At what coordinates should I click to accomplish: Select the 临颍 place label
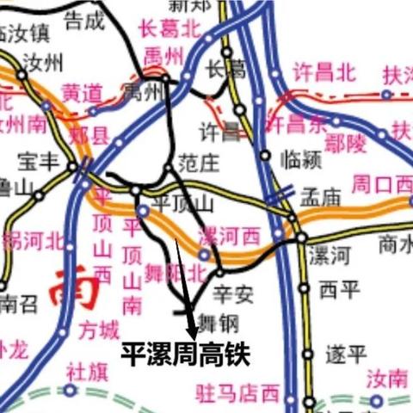[x=300, y=157]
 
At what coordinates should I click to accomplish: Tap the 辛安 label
[x=233, y=295]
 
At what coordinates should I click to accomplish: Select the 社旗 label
[x=87, y=373]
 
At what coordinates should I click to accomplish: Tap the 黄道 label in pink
[x=83, y=93]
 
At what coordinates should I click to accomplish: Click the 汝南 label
[x=387, y=378]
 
